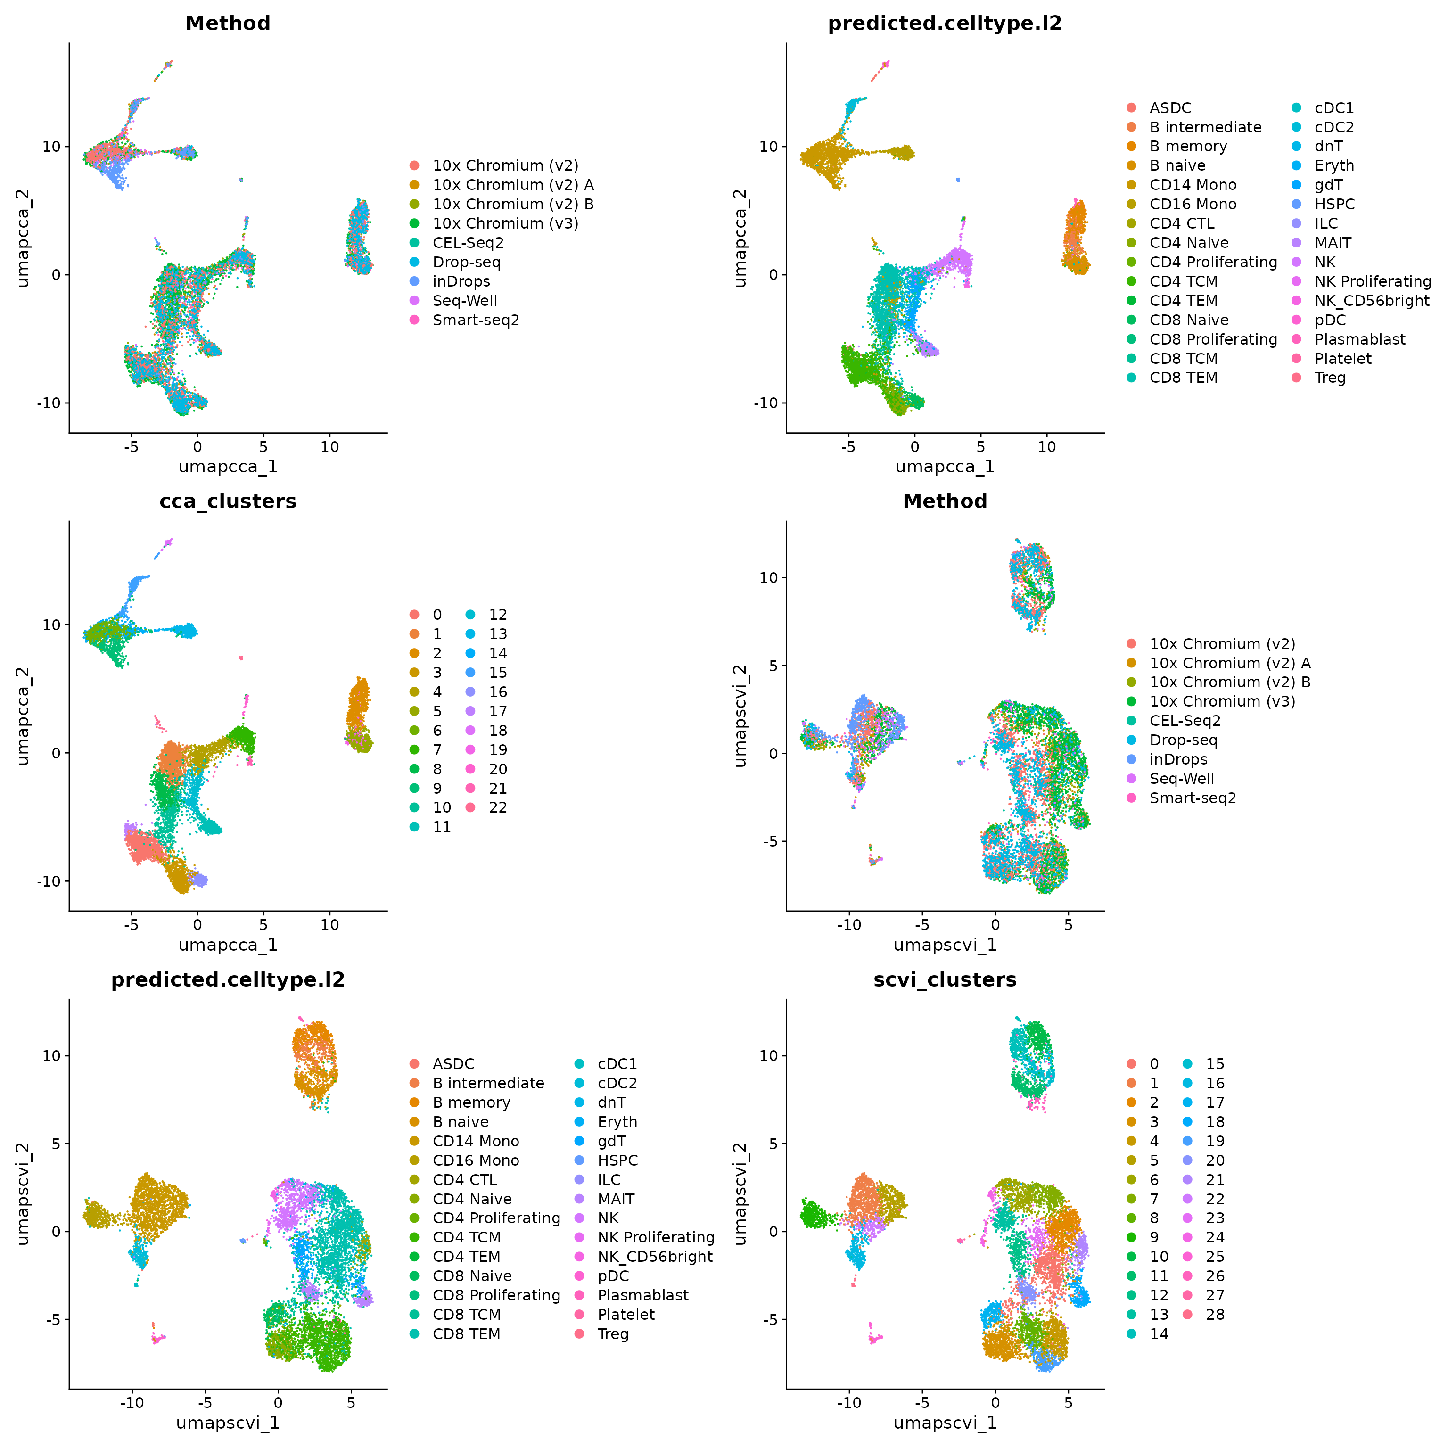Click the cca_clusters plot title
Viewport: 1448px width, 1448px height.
point(228,502)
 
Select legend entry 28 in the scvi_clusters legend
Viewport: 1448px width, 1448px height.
point(1214,1315)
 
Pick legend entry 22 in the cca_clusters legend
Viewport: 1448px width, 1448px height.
point(498,807)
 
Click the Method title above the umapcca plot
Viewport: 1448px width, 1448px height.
point(228,23)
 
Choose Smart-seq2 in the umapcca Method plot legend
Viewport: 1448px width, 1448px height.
point(475,320)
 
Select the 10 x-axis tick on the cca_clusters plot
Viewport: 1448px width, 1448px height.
point(330,925)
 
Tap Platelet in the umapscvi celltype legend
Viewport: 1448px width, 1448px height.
point(626,1315)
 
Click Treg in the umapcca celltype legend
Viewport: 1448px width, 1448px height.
point(1330,378)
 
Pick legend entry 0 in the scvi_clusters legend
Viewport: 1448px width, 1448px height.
point(1153,1063)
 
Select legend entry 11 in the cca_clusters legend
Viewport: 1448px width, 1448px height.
point(442,827)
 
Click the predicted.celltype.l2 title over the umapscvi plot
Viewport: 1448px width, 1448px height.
point(228,979)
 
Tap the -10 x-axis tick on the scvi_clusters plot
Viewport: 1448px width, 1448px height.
point(849,1403)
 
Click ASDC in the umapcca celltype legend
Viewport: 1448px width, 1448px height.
point(1170,108)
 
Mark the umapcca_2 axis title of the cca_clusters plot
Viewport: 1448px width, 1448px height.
point(23,716)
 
